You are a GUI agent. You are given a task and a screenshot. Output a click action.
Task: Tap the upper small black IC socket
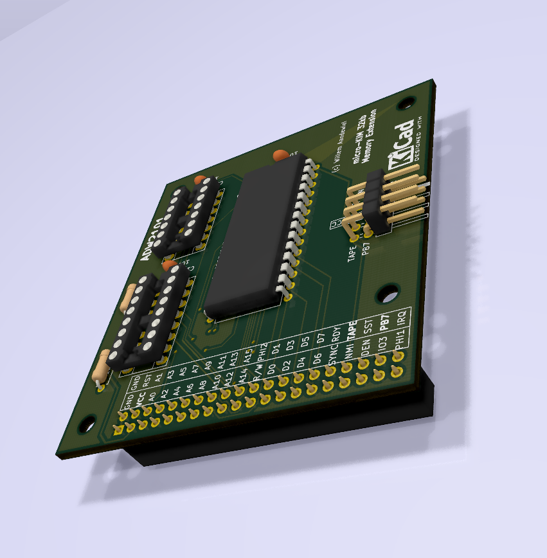[186, 215]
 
